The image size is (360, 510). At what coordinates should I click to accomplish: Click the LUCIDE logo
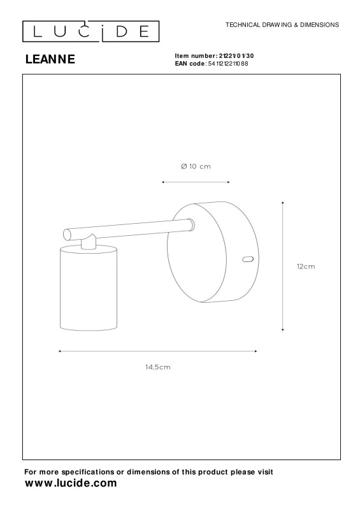90,31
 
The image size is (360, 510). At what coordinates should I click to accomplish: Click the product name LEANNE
50,59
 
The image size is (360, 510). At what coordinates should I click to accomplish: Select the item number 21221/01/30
236,56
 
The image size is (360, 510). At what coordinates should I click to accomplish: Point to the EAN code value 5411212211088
228,63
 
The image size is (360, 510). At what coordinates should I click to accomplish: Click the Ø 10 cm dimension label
196,166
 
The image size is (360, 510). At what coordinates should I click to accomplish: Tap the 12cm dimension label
306,266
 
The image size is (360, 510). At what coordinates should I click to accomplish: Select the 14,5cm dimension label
158,367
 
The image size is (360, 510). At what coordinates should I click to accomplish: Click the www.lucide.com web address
71,483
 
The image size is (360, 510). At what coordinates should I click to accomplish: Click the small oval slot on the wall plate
248,259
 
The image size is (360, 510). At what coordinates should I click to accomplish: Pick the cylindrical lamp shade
89,288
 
